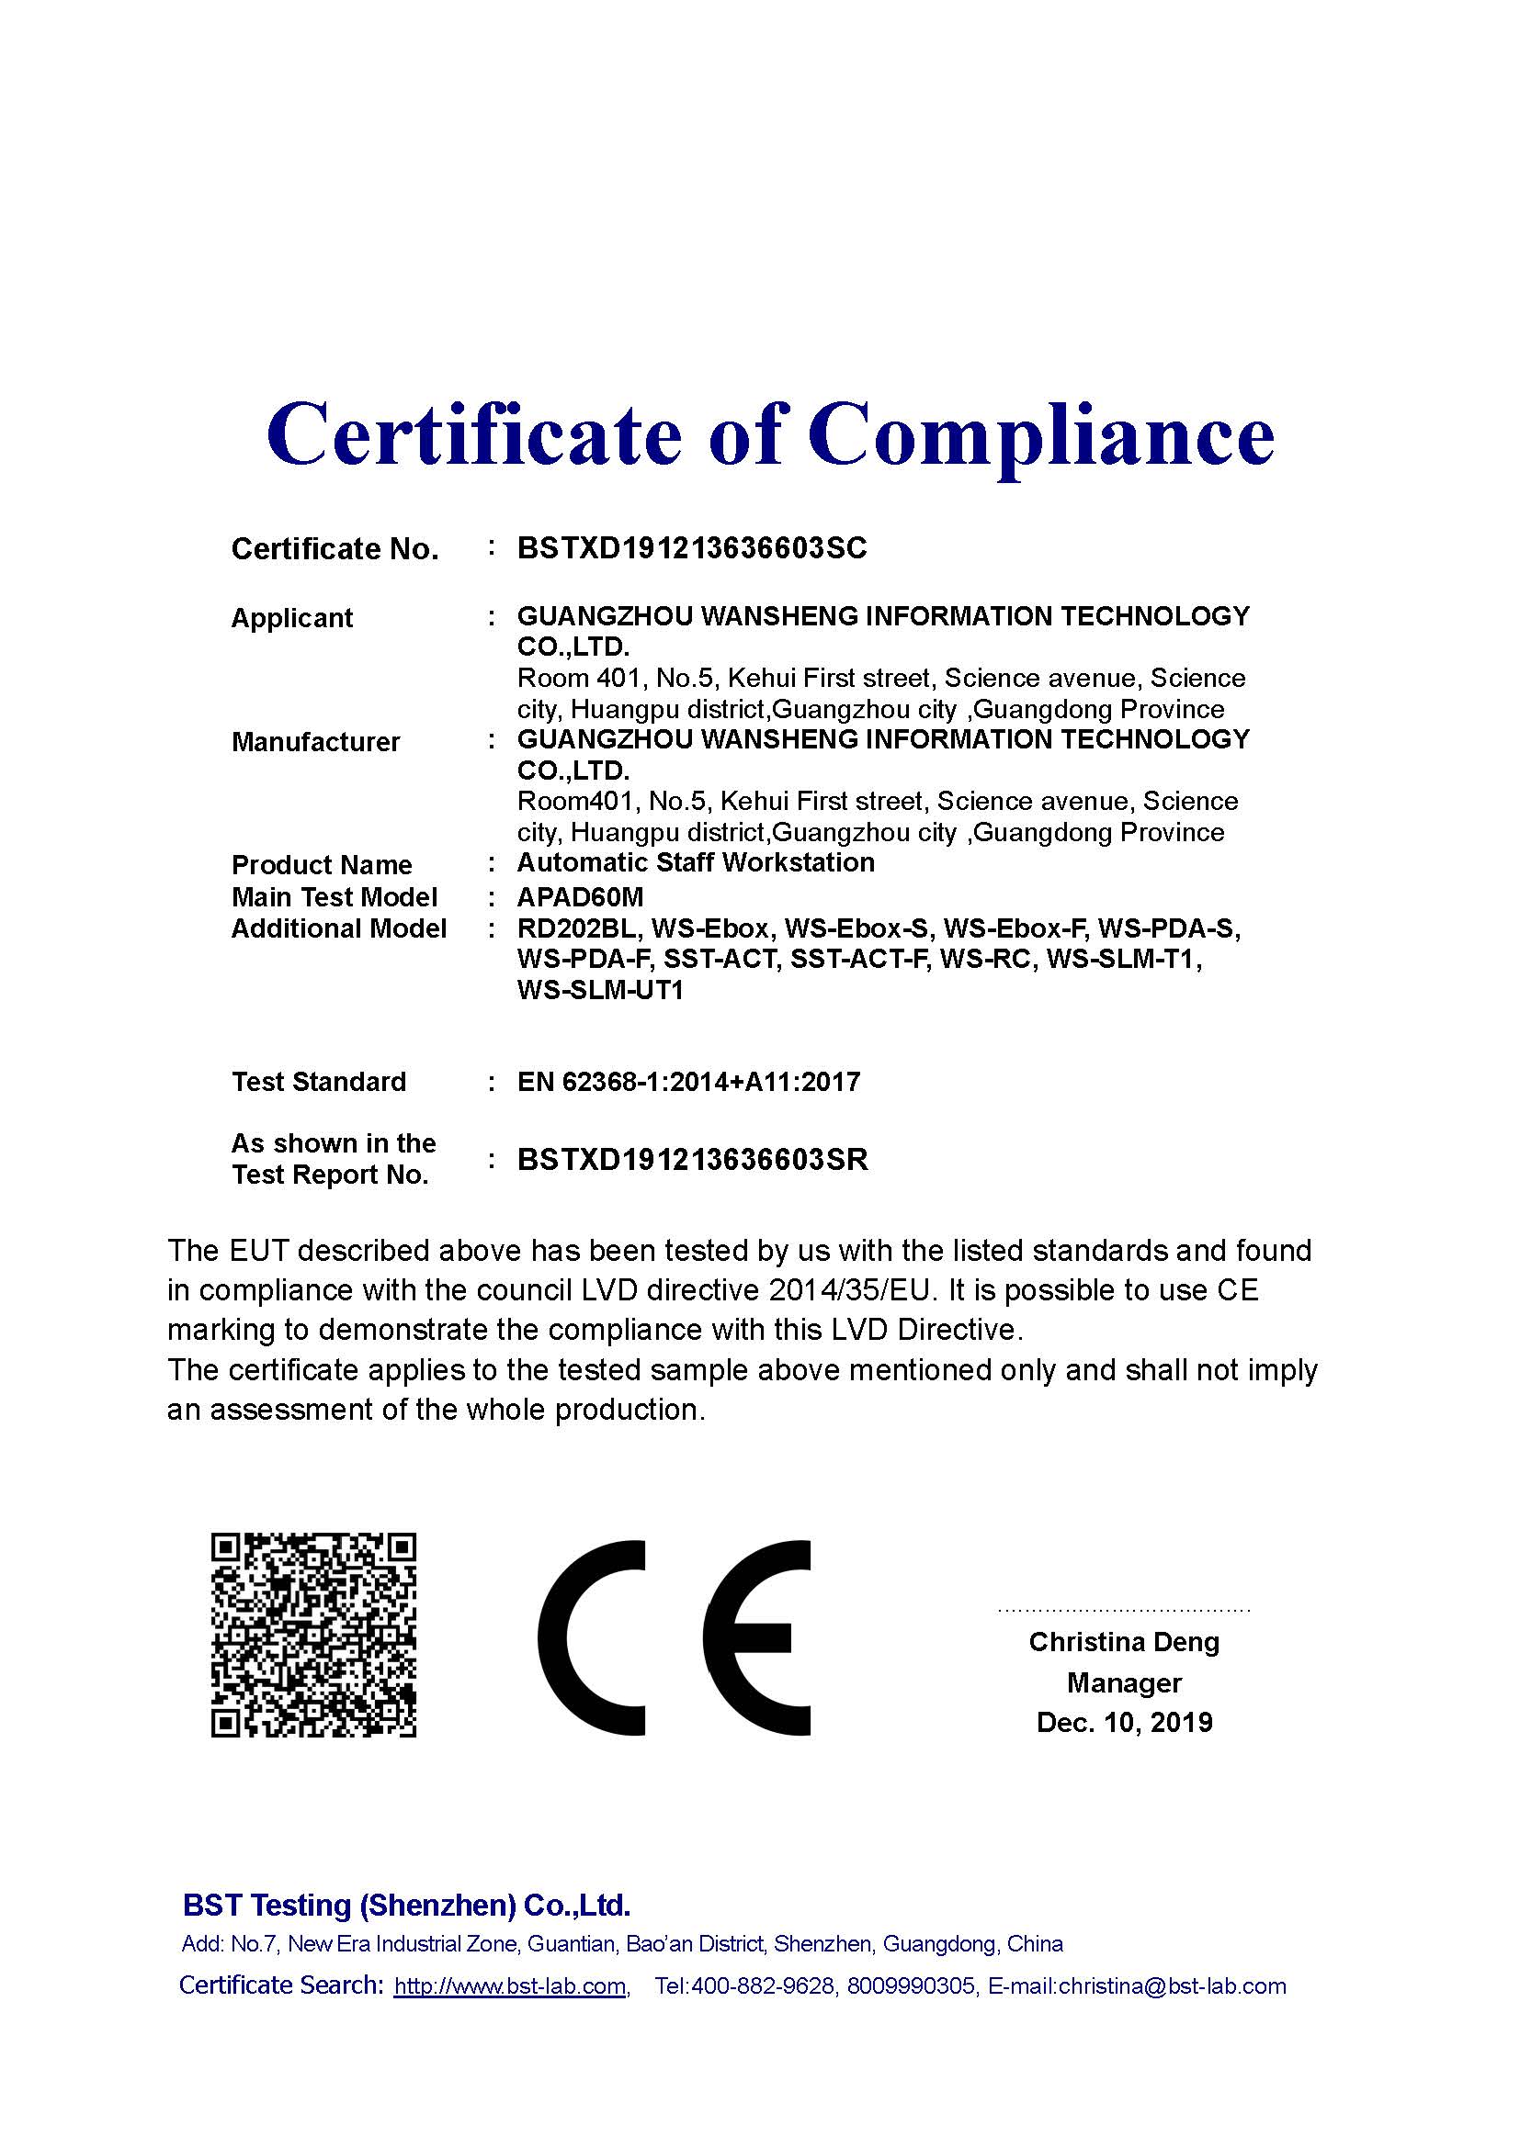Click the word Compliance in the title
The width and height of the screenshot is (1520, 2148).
coord(1041,435)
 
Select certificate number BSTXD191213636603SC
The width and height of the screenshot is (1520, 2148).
coord(692,548)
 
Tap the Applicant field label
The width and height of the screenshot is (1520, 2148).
coord(292,618)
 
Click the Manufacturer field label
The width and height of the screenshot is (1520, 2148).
coord(315,742)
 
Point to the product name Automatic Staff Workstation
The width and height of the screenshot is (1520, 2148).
coord(696,862)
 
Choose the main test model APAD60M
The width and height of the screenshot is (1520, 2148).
coord(580,897)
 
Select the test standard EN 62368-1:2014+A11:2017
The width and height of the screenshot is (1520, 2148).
coord(688,1083)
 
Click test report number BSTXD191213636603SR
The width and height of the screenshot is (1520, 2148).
coord(693,1160)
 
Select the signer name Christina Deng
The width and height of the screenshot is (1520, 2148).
coord(1124,1642)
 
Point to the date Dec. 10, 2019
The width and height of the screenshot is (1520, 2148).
coord(1124,1722)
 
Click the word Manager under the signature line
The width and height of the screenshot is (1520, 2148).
coord(1124,1683)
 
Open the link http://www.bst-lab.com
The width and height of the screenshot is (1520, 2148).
coord(510,1986)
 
